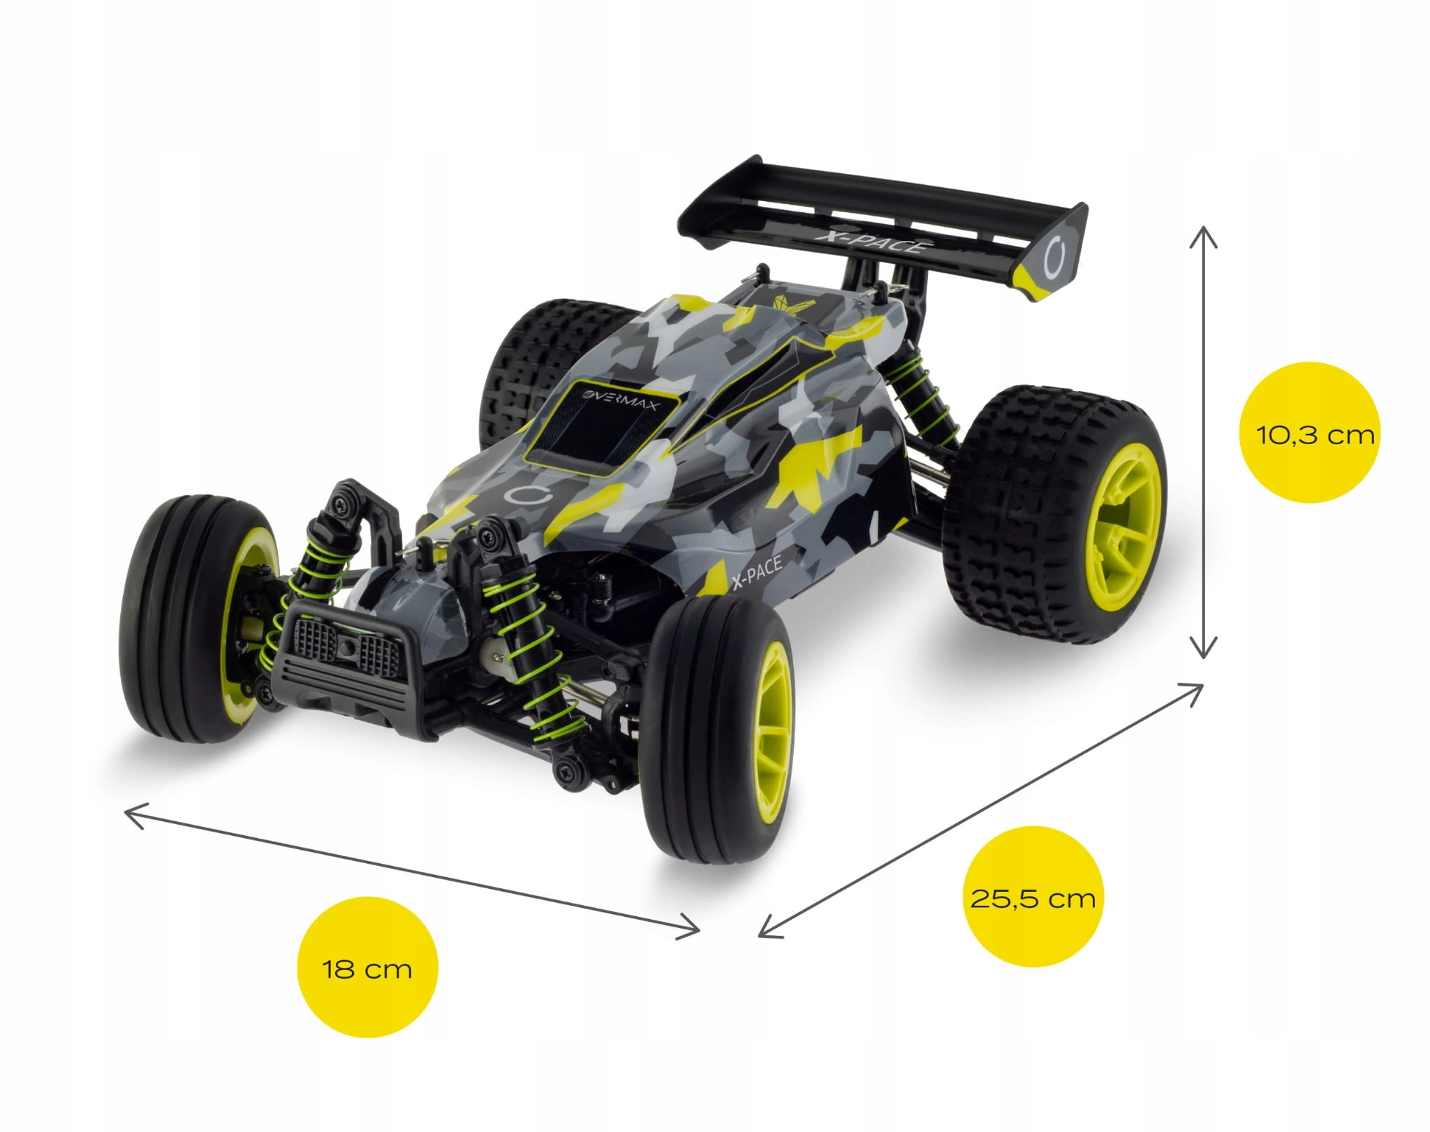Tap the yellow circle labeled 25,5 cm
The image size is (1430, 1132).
[x=1033, y=897]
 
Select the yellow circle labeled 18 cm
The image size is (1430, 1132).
[x=367, y=969]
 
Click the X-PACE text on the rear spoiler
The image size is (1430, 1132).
[x=873, y=242]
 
